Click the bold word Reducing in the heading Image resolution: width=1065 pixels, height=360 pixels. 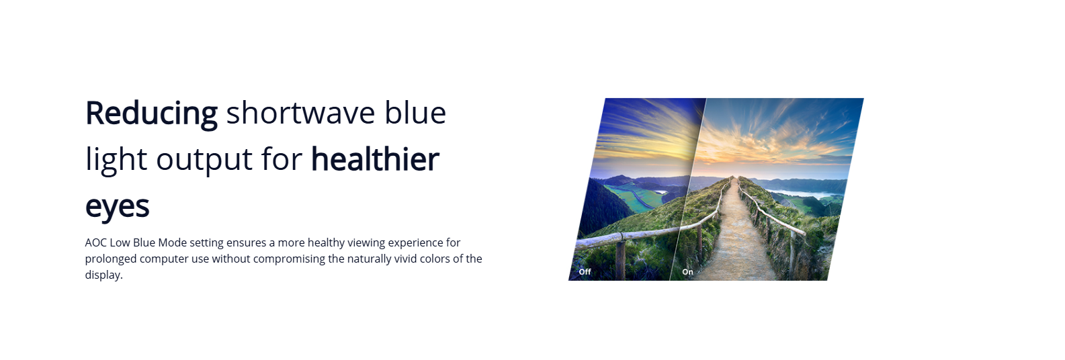pos(151,114)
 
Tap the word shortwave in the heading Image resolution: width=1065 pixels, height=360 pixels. pos(301,113)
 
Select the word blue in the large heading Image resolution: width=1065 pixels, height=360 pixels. pos(415,113)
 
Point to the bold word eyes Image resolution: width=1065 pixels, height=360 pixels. pos(117,207)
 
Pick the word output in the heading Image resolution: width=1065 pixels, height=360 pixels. pos(204,161)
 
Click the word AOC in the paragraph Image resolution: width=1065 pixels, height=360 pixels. pos(95,242)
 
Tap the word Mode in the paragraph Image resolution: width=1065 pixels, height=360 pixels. pos(172,242)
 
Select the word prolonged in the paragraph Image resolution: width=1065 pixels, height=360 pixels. pos(111,259)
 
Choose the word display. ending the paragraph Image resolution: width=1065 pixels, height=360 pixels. pos(103,275)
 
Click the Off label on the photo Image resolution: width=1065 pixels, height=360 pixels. pos(585,271)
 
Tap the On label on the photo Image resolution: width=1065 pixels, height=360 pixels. pos(687,271)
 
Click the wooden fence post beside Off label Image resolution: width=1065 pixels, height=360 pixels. pos(620,257)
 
